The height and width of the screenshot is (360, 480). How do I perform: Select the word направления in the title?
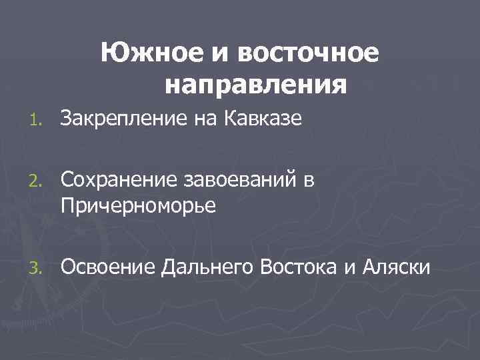[255, 85]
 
